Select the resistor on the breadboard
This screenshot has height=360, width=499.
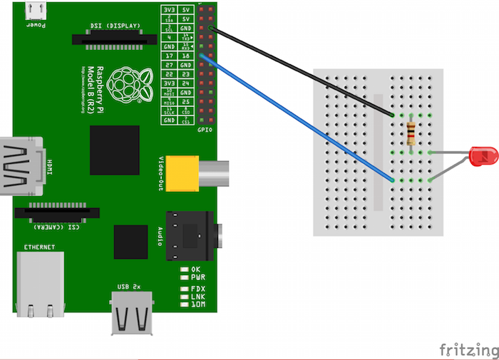(x=411, y=133)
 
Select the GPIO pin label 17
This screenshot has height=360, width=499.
(x=169, y=55)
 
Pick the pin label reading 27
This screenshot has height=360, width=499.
(x=169, y=64)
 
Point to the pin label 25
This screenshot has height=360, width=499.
(x=186, y=101)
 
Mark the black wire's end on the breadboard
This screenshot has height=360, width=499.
(x=393, y=115)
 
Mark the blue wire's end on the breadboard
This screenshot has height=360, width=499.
(x=393, y=180)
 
